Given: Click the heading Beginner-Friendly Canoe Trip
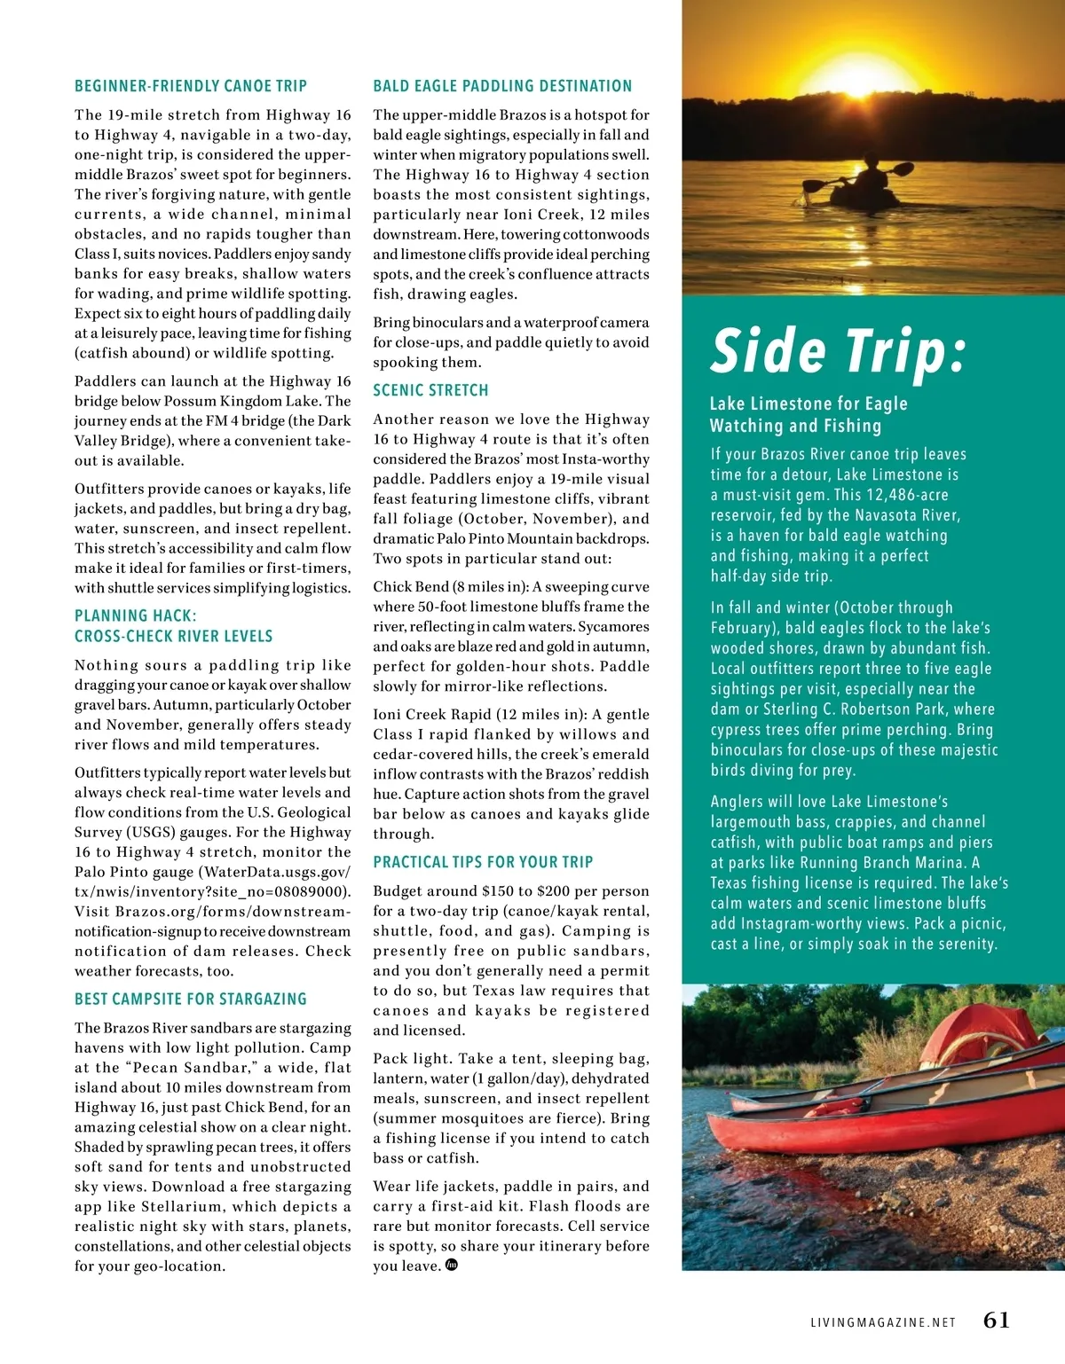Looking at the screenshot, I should [x=191, y=86].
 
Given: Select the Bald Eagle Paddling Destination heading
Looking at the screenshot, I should [x=502, y=86].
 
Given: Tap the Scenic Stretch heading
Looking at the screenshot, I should [x=430, y=390].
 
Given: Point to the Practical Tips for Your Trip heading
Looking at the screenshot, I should [x=483, y=862].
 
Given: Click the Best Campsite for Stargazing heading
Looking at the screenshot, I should [x=191, y=999].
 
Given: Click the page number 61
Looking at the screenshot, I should [x=996, y=1321].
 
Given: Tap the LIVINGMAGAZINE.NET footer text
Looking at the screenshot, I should [x=883, y=1322].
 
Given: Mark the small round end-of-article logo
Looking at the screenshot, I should [x=451, y=1266].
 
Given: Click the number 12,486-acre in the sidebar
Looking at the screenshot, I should [x=903, y=495].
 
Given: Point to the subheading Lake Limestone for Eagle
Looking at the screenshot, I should [x=809, y=404].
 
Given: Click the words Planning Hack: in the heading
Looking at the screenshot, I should [x=136, y=615].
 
